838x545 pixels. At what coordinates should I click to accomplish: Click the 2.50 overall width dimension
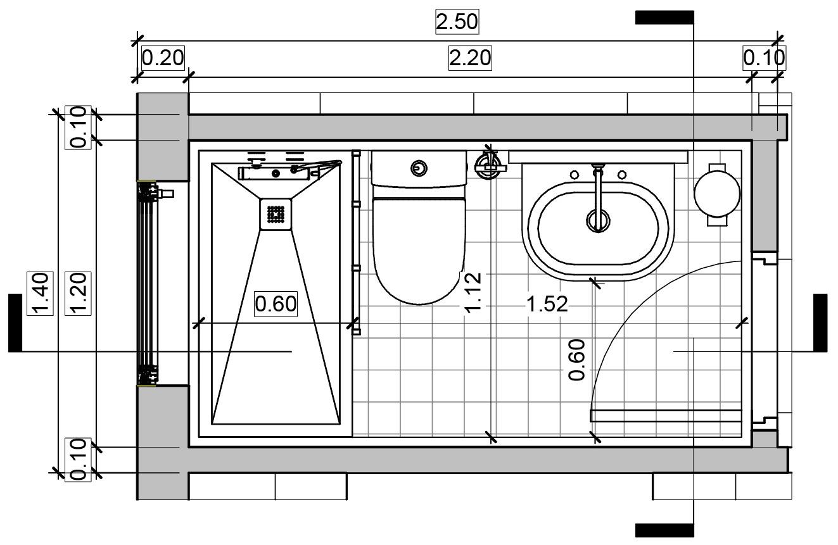pos(457,22)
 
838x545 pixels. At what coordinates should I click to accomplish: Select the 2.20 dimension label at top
pos(470,58)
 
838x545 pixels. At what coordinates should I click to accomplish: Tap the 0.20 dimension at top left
pos(163,58)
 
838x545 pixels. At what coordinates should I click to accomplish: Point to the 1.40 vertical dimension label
pos(40,294)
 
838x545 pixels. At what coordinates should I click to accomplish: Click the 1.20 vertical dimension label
pos(78,294)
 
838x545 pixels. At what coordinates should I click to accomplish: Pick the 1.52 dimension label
pos(547,304)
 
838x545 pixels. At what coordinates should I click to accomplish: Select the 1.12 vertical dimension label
pos(472,292)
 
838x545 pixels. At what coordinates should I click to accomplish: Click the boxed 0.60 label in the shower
pos(276,304)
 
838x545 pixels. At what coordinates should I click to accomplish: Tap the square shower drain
pos(276,214)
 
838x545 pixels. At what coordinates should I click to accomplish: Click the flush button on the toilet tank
pos(419,168)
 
